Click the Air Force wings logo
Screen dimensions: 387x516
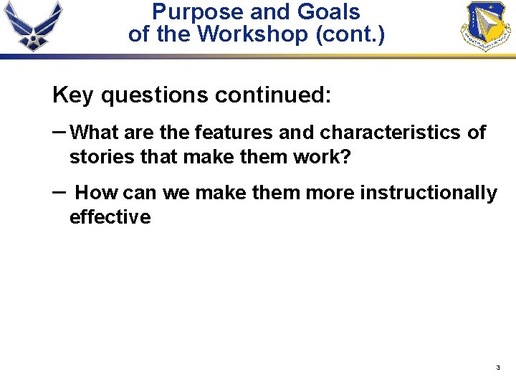tap(33, 26)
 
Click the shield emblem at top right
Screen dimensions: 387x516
tap(487, 27)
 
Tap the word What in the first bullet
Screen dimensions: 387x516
tap(96, 133)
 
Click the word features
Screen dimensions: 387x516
tap(234, 133)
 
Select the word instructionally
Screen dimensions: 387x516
tap(428, 193)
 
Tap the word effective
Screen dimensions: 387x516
tap(110, 217)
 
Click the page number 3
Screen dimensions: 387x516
tap(497, 368)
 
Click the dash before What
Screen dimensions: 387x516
tap(60, 131)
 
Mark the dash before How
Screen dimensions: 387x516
tap(60, 192)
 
